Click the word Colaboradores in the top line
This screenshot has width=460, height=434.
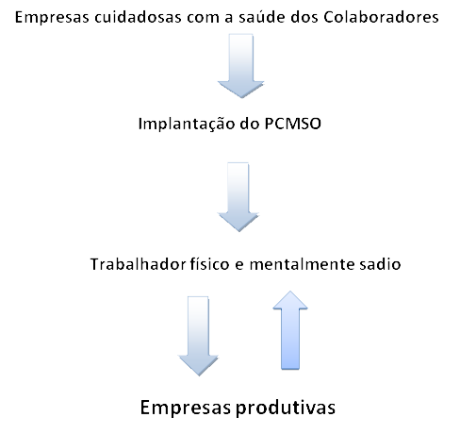[381, 17]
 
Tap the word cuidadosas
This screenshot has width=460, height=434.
[138, 17]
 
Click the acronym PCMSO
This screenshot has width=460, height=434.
[293, 124]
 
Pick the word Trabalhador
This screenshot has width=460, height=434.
[139, 264]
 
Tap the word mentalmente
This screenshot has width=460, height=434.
[302, 264]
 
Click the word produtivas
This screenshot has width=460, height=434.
[286, 409]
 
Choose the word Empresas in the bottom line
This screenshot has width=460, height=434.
[186, 408]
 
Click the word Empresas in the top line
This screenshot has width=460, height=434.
[52, 18]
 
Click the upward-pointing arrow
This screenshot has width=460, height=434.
[290, 330]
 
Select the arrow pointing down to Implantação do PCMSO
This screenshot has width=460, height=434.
[241, 65]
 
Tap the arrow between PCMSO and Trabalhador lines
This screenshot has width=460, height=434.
[238, 197]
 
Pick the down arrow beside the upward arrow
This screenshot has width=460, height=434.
[198, 336]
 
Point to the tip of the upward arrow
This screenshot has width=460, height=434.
[290, 292]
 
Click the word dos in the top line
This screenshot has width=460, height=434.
[304, 17]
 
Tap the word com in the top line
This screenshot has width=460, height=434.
[203, 18]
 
